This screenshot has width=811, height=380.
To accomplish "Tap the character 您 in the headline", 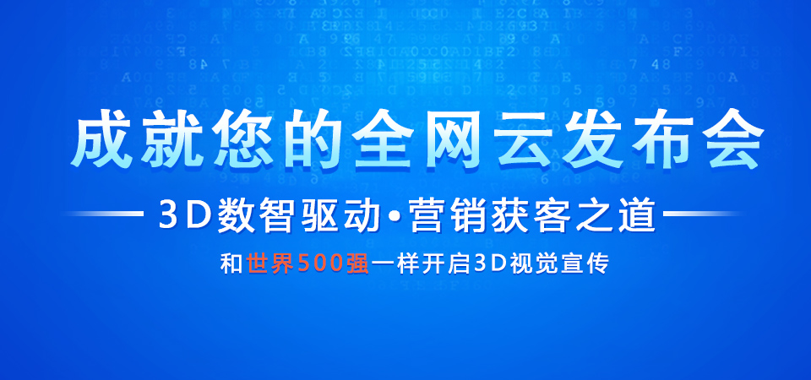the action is point(242,139).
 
